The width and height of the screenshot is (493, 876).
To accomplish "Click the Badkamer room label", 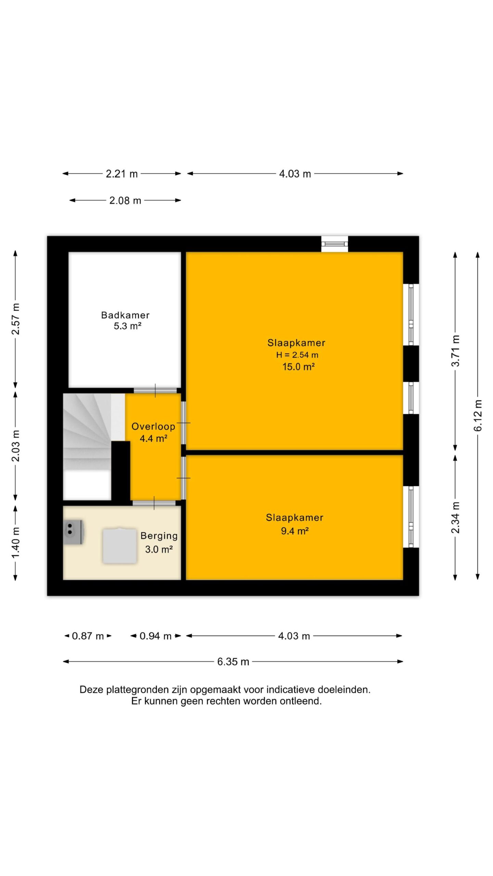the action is (x=125, y=315).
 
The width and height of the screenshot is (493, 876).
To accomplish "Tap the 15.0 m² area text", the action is (x=299, y=367).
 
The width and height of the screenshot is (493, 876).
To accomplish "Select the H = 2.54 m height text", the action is (x=297, y=355).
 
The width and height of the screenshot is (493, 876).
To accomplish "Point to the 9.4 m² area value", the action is (x=295, y=531).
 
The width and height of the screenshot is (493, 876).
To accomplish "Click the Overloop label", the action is (x=153, y=426).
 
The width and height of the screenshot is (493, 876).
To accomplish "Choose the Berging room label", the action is (x=159, y=536).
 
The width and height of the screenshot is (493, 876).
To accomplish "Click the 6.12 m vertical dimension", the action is (x=478, y=415).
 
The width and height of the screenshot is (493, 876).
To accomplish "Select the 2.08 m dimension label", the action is (x=125, y=201).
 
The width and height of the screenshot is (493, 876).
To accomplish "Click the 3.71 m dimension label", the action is (x=455, y=351).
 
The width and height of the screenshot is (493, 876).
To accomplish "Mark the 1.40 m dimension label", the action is (x=16, y=543).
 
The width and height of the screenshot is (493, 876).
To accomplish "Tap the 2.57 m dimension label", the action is (x=16, y=319).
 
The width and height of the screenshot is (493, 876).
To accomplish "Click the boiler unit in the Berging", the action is (x=73, y=532).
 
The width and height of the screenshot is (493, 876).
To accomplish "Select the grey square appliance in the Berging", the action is (x=119, y=545).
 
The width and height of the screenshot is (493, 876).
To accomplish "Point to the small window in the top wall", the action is (x=334, y=244).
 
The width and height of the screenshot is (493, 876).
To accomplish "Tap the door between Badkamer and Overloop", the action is (x=155, y=391).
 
